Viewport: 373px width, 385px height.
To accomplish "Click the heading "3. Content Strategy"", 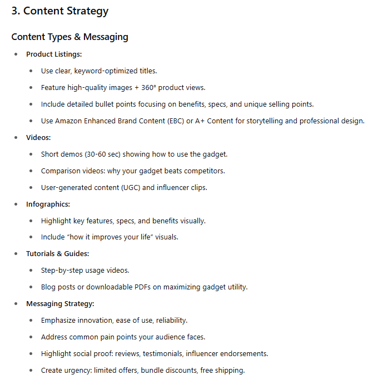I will [x=60, y=11].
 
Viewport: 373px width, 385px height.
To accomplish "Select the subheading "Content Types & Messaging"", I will [x=69, y=37].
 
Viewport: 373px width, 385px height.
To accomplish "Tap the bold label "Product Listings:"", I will [x=54, y=54].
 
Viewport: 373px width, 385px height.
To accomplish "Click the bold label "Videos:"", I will [x=39, y=138].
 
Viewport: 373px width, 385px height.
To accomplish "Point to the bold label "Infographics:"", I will [x=48, y=204].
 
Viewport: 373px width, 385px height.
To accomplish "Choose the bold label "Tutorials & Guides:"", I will [x=57, y=254].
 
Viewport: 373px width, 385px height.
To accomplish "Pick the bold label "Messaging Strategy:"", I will [x=60, y=304].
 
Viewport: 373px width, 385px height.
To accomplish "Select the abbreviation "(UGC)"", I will [x=130, y=188].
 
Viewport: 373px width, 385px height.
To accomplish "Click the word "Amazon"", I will [x=70, y=121].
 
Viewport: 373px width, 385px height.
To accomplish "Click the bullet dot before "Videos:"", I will [x=16, y=138].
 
